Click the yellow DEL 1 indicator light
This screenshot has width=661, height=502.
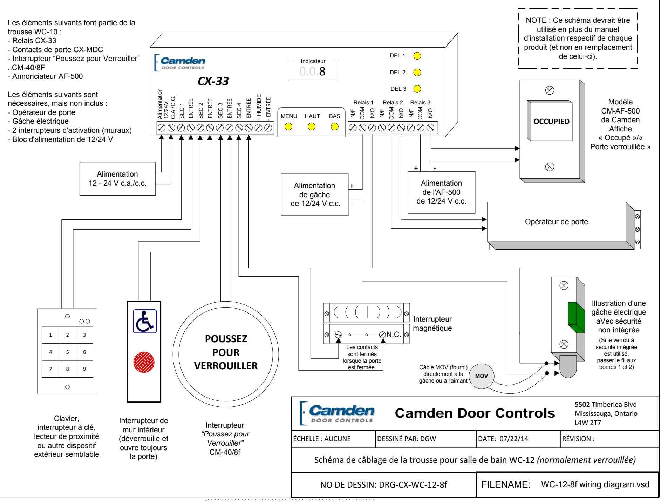(417, 56)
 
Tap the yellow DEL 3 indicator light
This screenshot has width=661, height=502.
(417, 89)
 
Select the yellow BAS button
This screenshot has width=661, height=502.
(335, 126)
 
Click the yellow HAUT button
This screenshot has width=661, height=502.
(311, 126)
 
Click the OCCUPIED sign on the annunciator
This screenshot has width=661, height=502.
(551, 122)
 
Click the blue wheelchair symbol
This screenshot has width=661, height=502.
(145, 321)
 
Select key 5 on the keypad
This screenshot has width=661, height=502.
(67, 352)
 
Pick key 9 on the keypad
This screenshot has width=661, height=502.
(84, 369)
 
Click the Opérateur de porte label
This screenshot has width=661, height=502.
(556, 222)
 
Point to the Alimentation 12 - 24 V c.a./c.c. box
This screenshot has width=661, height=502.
(117, 179)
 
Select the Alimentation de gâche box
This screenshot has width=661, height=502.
(315, 195)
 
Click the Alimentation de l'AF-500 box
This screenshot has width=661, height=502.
(441, 192)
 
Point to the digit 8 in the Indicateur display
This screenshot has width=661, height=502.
(322, 71)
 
